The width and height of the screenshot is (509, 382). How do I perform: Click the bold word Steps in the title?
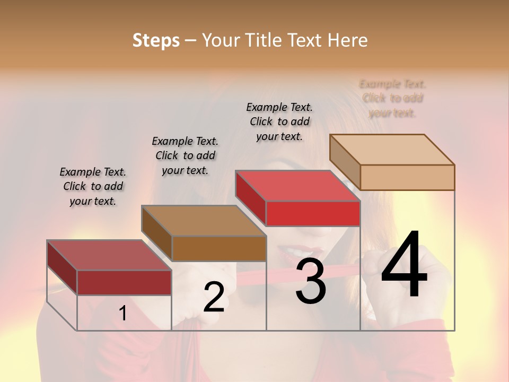point(156,40)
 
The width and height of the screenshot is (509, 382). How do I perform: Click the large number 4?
point(405,265)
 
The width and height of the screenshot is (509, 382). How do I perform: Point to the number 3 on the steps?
point(311,281)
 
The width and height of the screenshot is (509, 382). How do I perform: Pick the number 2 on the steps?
point(214,297)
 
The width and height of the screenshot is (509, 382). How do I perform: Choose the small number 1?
point(123,314)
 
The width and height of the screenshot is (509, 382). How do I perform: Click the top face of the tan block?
point(392,150)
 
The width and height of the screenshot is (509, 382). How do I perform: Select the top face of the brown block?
point(204,221)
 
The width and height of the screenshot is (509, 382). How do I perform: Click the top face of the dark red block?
point(109,255)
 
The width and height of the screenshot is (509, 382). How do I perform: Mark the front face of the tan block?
point(407,177)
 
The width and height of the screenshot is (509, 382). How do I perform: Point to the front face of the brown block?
point(219,248)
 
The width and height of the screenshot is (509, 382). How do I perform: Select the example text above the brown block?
point(185,156)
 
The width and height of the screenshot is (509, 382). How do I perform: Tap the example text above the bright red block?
point(279,121)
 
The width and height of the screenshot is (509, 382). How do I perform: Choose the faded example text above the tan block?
point(392,98)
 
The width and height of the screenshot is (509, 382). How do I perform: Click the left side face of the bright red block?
point(251,197)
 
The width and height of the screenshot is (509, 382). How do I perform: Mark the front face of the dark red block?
point(125,282)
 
